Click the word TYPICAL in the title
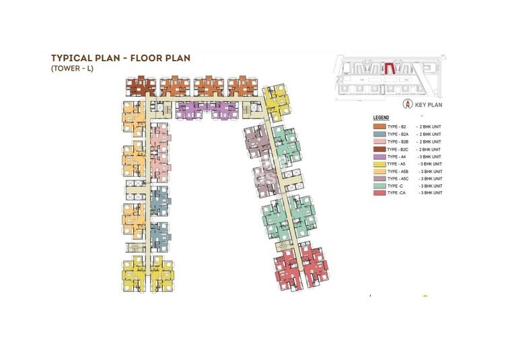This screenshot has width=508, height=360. point(72,59)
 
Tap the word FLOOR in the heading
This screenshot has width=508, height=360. point(145,59)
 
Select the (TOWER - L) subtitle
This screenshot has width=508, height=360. point(69,69)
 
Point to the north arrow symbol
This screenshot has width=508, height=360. point(407,104)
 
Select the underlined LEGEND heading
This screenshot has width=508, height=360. point(382,118)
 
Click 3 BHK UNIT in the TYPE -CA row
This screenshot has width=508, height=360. point(431,193)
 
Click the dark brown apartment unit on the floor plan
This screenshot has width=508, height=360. point(141,86)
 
